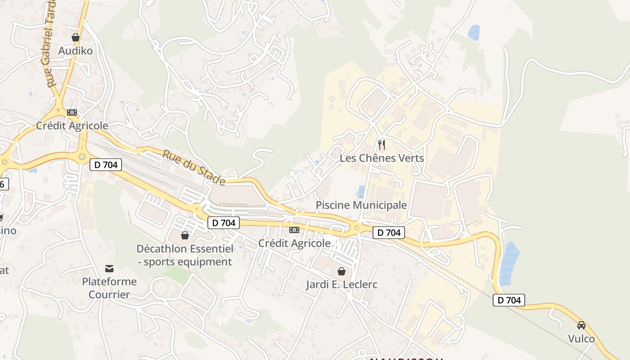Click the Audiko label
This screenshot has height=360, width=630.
pos(76,51)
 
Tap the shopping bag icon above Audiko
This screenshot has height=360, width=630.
pos(76,37)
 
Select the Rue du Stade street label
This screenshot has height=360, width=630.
pos(193,167)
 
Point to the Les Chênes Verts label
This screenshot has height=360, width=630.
pos(382,158)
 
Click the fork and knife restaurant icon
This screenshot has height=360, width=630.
pos(382,144)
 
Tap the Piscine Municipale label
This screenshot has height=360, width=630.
pos(361,205)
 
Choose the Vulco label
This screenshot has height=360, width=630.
pos(581,338)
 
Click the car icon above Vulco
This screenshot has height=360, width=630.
pos(581,325)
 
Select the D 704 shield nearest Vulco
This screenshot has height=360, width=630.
pos(509,300)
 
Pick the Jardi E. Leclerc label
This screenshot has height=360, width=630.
pos(342,284)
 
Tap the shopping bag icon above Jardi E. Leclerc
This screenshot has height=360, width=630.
pos(342,271)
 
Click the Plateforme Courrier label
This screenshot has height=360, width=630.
pos(109,288)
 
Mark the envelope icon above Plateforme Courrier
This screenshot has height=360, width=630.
pos(109,269)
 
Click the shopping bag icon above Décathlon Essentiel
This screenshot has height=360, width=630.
pos(184,235)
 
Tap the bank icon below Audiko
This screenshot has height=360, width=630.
pos(72,112)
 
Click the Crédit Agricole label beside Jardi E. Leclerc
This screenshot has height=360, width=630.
pos(294,243)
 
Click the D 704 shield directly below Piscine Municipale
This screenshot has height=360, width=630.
pos(389,233)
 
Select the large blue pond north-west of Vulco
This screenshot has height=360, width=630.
pos(509,264)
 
